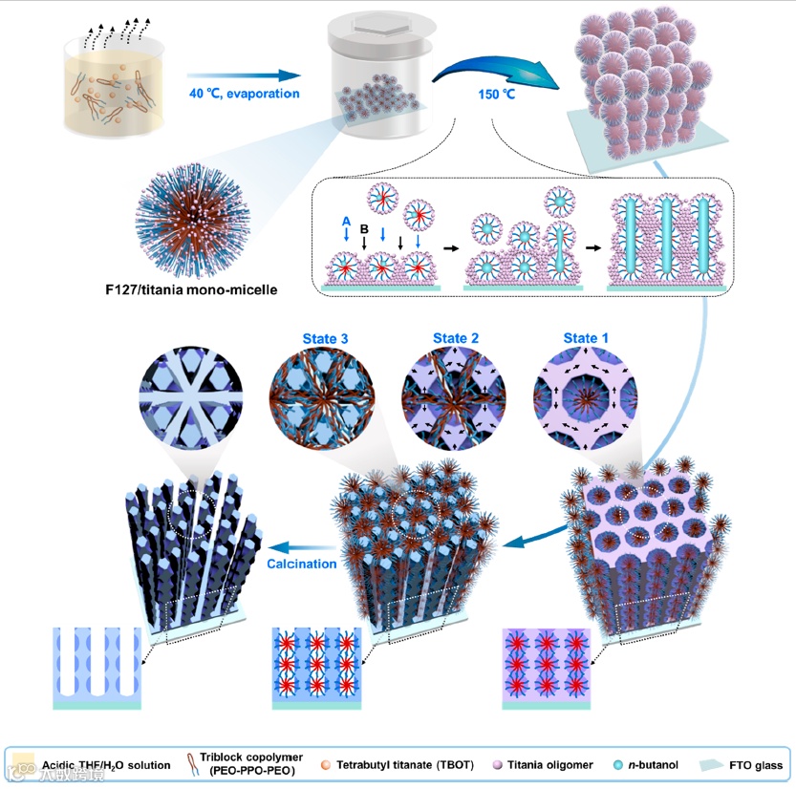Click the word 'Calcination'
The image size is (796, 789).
[302, 564]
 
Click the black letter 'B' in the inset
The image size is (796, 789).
[364, 229]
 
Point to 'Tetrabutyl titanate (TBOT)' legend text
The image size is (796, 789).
[401, 765]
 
